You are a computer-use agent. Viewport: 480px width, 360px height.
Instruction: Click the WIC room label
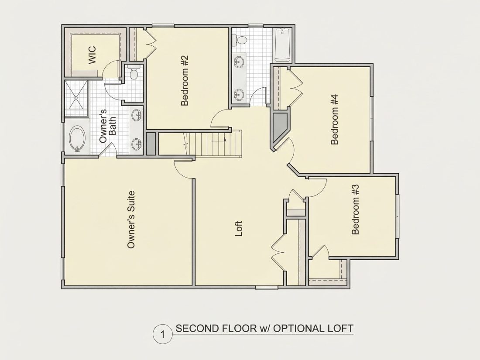[92, 55]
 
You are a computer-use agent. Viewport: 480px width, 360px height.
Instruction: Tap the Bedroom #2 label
[185, 81]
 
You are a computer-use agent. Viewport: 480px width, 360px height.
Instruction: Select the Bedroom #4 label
[335, 120]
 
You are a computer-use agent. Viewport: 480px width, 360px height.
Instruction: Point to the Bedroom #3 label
[355, 209]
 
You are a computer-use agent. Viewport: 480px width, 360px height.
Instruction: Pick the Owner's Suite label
[131, 219]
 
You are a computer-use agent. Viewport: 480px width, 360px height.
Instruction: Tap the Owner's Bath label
[108, 126]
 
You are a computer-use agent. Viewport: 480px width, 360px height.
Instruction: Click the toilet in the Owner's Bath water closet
[134, 72]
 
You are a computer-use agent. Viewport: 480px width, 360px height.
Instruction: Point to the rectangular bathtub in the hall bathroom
[282, 45]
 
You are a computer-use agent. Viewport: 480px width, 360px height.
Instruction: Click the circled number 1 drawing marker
[163, 334]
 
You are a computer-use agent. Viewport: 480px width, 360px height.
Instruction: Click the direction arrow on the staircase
[219, 140]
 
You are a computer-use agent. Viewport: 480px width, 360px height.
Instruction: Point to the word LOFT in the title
[340, 329]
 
